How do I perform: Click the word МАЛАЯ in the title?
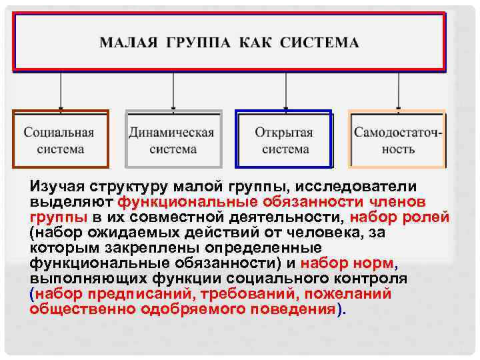pyautogui.click(x=129, y=43)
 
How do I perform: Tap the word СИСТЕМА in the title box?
pyautogui.click(x=319, y=43)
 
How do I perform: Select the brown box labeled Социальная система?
pyautogui.click(x=60, y=139)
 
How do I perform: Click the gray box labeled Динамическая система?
pyautogui.click(x=173, y=139)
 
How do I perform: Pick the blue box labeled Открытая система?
pyautogui.click(x=284, y=139)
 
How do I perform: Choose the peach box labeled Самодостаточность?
pyautogui.click(x=398, y=139)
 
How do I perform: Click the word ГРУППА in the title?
pyautogui.click(x=197, y=43)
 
